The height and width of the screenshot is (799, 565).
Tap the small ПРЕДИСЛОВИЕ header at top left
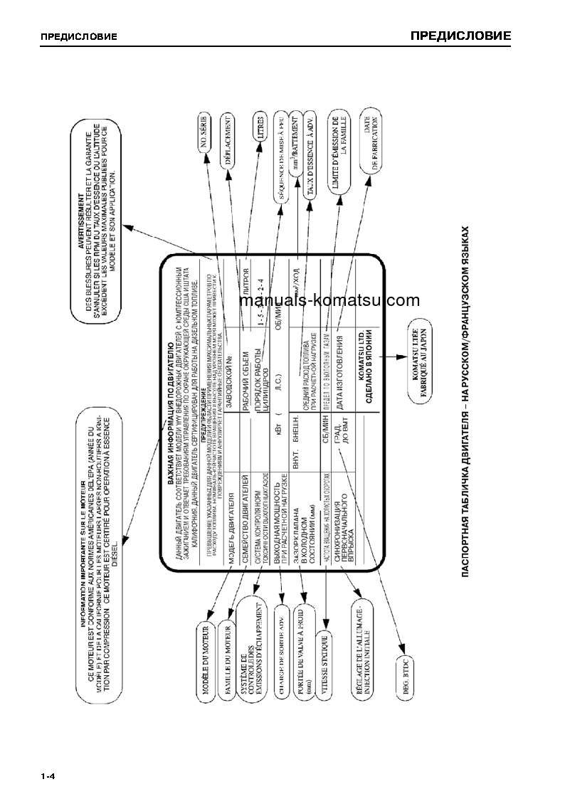click(x=79, y=37)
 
